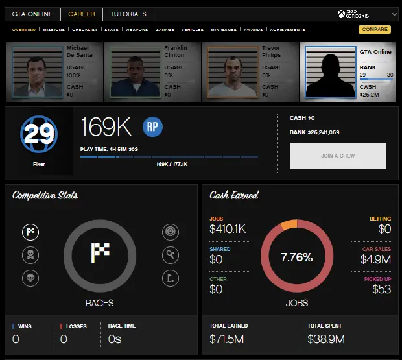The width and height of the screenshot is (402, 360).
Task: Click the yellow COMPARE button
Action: click(375, 29)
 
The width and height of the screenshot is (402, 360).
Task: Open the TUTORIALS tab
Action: click(128, 14)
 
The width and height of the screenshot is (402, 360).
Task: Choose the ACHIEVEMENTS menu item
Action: click(288, 30)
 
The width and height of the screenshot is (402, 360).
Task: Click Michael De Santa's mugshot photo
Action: click(36, 72)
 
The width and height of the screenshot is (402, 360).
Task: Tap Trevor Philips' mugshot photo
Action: click(231, 72)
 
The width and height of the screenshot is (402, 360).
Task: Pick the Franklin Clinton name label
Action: click(175, 51)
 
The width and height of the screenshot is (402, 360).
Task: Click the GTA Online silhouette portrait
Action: click(329, 72)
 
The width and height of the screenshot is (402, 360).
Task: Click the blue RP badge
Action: click(152, 127)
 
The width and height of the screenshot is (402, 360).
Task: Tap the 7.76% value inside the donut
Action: click(296, 258)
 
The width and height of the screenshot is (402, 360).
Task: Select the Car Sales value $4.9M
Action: click(375, 259)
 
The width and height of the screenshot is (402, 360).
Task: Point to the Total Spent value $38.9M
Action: click(326, 339)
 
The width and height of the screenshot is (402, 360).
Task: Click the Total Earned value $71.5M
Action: click(227, 339)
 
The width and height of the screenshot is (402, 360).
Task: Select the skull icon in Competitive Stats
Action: click(30, 255)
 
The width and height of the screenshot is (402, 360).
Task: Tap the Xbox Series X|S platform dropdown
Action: click(367, 14)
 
